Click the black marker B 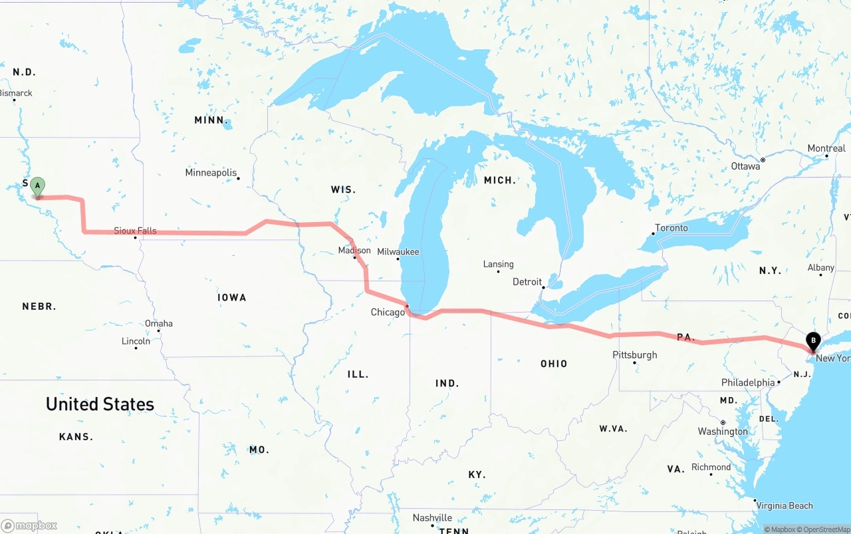pos(812,342)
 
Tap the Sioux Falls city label pos(135,231)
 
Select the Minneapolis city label pos(211,173)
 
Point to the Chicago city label pos(388,312)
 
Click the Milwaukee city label pos(398,252)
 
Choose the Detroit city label pos(527,282)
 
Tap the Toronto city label pos(671,227)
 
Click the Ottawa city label pos(745,166)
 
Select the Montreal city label pos(826,148)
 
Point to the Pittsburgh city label pos(634,355)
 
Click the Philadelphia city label pos(748,382)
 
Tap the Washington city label pos(723,432)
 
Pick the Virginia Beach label pos(785,505)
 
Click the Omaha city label pos(159,323)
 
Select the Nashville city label pos(432,517)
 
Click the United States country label pos(100,404)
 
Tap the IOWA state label pos(232,297)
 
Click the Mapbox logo pos(29,525)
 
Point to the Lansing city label pos(498,264)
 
